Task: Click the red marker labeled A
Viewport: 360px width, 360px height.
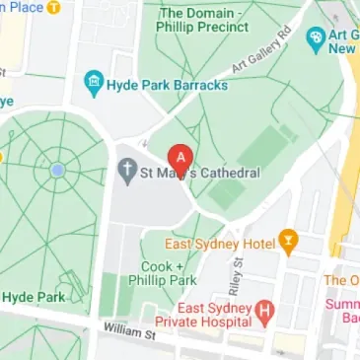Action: (x=180, y=158)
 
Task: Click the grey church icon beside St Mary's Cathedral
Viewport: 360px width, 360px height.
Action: (x=126, y=174)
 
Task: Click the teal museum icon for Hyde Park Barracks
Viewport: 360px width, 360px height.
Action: (x=94, y=84)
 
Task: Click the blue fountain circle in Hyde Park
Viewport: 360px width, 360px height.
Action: (x=56, y=171)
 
